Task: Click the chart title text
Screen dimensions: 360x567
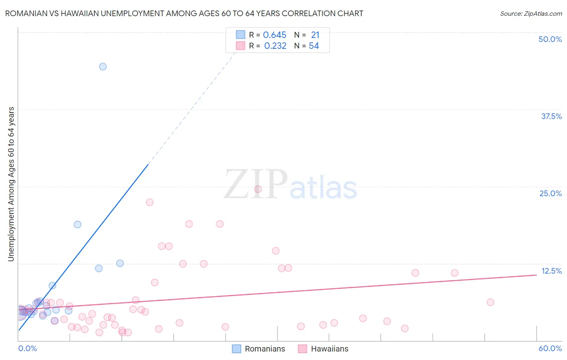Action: (x=184, y=13)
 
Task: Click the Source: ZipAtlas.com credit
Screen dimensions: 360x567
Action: (x=531, y=13)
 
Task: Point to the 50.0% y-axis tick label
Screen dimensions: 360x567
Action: (x=550, y=39)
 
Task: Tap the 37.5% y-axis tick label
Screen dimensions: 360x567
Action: (x=551, y=116)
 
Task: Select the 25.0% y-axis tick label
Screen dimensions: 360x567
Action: (x=550, y=193)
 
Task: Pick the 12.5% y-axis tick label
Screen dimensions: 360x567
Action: (x=551, y=271)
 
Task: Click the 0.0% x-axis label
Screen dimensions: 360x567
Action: (x=27, y=348)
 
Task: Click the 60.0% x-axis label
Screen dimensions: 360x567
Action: (x=550, y=348)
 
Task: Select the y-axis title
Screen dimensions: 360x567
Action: (x=11, y=184)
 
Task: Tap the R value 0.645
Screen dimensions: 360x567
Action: (x=275, y=35)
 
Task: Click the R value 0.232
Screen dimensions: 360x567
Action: (x=275, y=46)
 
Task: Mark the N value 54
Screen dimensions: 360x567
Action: (x=314, y=46)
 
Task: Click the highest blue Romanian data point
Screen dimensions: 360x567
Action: (x=103, y=67)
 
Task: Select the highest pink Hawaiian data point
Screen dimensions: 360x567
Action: (x=258, y=189)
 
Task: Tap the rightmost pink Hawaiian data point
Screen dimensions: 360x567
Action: (x=490, y=302)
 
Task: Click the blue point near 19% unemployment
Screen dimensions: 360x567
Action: (x=77, y=224)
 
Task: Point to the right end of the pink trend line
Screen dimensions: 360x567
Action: (x=536, y=275)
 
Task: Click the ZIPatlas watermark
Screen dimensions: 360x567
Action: (x=290, y=185)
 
